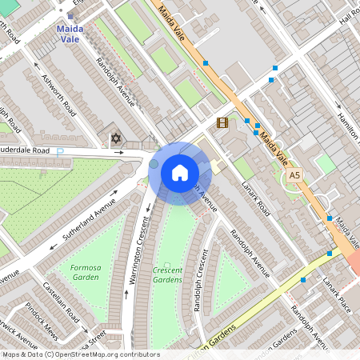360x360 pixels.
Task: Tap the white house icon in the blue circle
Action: point(179,172)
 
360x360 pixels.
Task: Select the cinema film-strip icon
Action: point(222,122)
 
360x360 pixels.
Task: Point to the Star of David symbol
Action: point(115,139)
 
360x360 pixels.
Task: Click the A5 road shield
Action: point(295,175)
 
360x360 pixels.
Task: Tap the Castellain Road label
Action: point(65,299)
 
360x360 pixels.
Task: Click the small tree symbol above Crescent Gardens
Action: point(167,265)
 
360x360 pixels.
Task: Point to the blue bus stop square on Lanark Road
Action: point(302,280)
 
